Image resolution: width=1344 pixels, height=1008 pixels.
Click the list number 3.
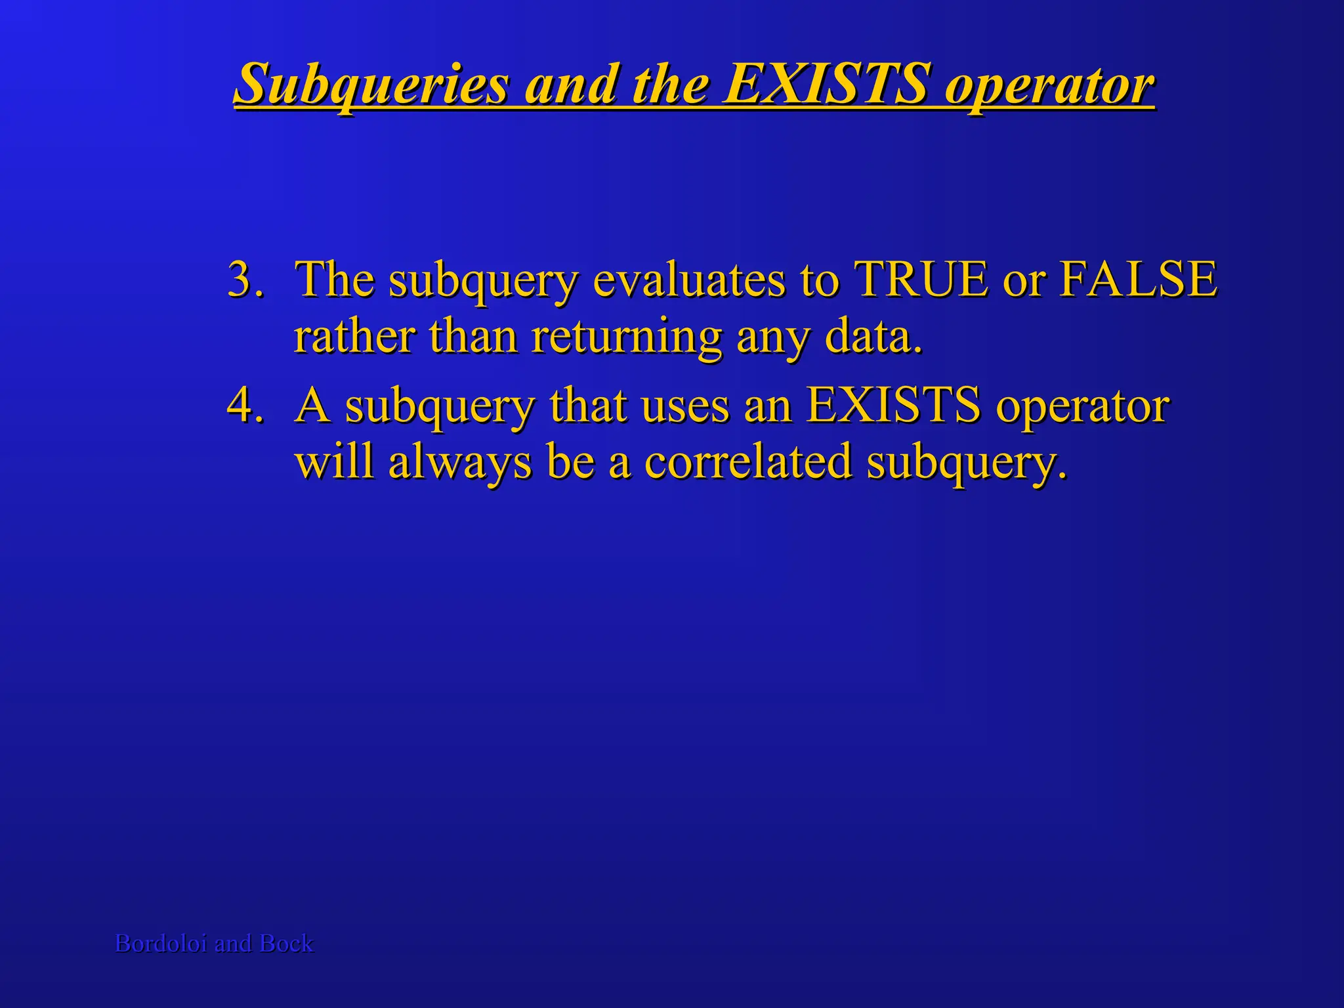(245, 279)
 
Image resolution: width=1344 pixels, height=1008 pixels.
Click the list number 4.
(245, 405)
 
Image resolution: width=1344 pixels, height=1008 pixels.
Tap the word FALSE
(1138, 279)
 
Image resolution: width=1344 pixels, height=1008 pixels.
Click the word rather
(354, 336)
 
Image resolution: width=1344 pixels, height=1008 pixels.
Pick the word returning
(627, 337)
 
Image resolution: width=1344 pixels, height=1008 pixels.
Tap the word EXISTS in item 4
(892, 405)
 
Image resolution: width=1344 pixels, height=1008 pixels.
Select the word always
(459, 462)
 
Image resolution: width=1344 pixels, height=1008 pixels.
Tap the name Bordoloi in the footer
(161, 943)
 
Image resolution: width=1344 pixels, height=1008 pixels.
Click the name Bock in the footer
(287, 943)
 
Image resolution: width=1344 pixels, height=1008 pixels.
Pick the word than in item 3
(474, 336)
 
